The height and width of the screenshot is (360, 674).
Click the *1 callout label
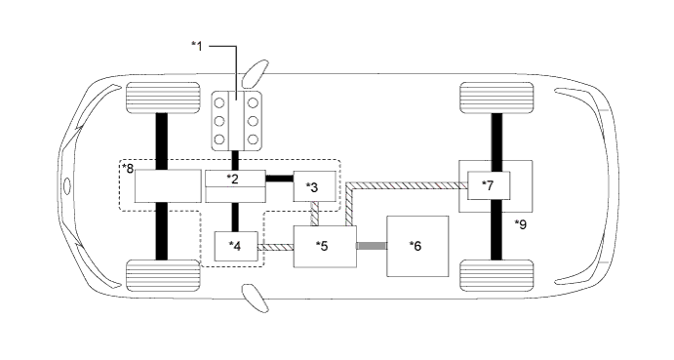[x=198, y=45]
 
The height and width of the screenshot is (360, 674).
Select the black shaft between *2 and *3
[x=279, y=179]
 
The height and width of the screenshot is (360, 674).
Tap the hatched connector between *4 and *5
[x=274, y=248]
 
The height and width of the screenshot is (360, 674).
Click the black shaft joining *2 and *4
[x=234, y=216]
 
